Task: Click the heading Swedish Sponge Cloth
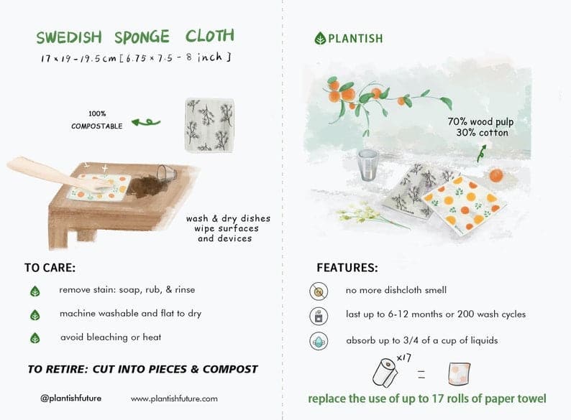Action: pyautogui.click(x=135, y=37)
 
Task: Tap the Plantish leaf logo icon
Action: pyautogui.click(x=320, y=38)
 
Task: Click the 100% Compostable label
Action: pyautogui.click(x=96, y=120)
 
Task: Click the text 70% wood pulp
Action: pyautogui.click(x=480, y=122)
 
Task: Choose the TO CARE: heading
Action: pyautogui.click(x=50, y=268)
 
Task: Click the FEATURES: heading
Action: pyautogui.click(x=347, y=268)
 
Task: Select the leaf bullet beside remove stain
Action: pyautogui.click(x=35, y=291)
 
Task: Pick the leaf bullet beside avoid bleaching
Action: pyautogui.click(x=35, y=337)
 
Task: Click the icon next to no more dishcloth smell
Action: pyautogui.click(x=319, y=291)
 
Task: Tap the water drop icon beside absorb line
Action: pyautogui.click(x=319, y=342)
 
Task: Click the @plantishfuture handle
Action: pyautogui.click(x=70, y=398)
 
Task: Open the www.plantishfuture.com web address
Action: pyautogui.click(x=174, y=398)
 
